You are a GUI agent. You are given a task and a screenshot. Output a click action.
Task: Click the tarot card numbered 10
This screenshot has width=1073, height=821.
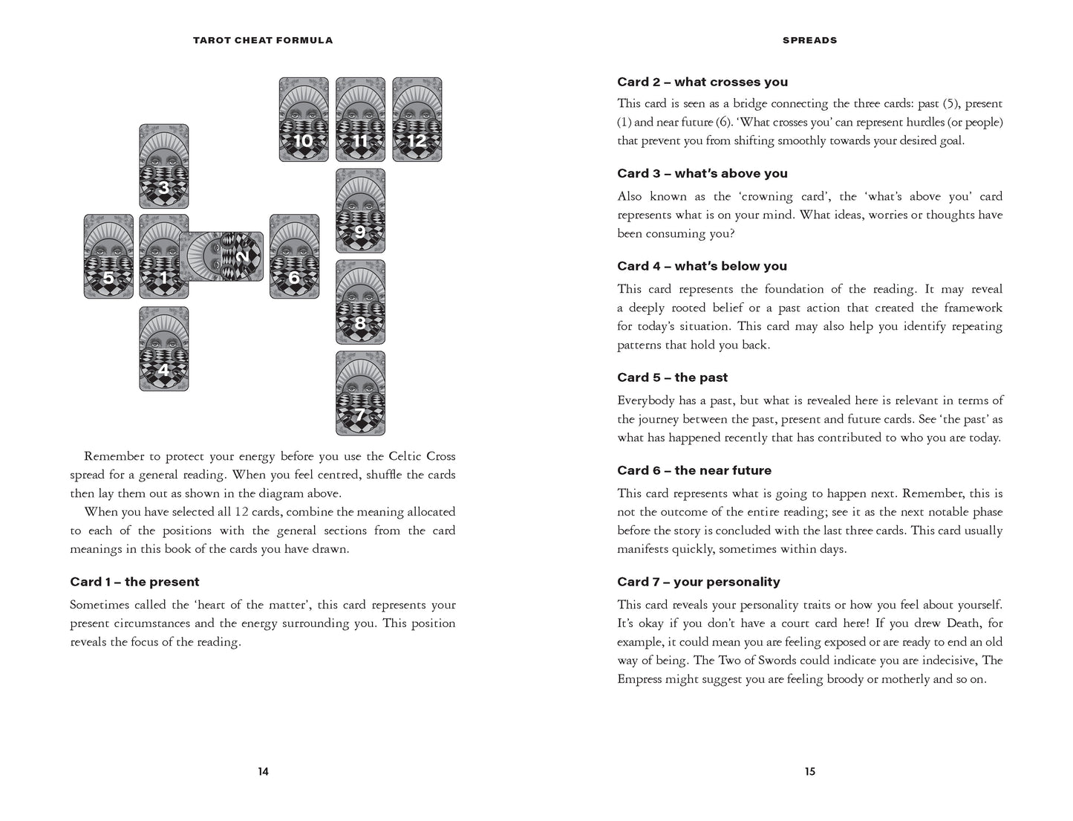(x=304, y=120)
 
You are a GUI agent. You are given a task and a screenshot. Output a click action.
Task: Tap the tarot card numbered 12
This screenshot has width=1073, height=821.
(x=417, y=120)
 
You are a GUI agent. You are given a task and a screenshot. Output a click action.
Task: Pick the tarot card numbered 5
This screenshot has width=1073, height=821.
(x=108, y=257)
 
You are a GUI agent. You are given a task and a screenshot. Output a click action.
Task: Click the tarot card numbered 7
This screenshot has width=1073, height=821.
(x=360, y=393)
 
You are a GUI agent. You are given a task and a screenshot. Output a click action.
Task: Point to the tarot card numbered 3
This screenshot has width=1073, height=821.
(x=164, y=166)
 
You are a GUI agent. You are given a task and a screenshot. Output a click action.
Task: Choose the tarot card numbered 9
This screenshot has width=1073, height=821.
(x=360, y=211)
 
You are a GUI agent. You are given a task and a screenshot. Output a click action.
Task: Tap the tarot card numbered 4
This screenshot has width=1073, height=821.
(x=164, y=348)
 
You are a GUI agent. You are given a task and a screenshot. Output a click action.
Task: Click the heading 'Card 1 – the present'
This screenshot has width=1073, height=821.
(x=134, y=582)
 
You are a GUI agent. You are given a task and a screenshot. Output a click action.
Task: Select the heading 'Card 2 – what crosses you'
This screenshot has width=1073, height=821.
(x=702, y=82)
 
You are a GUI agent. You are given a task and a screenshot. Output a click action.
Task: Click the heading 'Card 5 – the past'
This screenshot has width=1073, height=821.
(x=672, y=377)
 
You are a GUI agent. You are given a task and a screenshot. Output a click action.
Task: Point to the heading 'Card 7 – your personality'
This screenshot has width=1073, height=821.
(x=698, y=582)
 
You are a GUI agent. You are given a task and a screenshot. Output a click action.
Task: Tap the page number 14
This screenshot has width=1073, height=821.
(x=263, y=771)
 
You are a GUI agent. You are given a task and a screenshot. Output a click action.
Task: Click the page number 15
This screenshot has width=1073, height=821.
(x=809, y=771)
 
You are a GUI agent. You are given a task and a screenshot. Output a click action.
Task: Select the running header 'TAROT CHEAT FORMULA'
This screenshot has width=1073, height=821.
(x=263, y=40)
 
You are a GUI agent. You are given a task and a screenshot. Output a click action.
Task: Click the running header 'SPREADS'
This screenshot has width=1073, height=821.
(x=809, y=40)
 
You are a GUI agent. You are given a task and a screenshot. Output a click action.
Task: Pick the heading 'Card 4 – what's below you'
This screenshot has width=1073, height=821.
(x=702, y=266)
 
